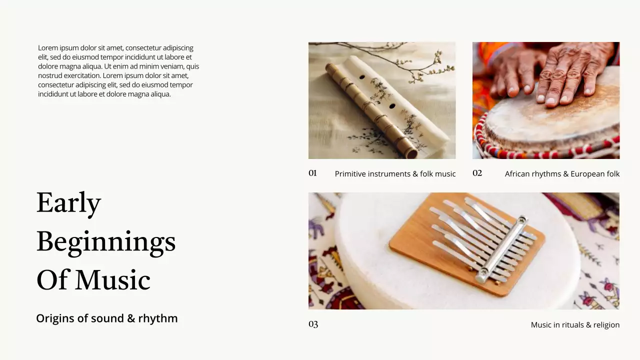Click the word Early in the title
pos(68,203)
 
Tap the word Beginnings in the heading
pos(106,242)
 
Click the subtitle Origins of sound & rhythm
pos(107,318)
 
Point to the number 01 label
pos(312,173)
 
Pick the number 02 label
pos(477,173)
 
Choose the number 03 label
pos(313,324)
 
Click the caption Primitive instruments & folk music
pos(395,173)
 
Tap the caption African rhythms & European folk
pos(562,173)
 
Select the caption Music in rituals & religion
pos(575,325)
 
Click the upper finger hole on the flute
pos(362,77)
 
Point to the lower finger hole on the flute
pos(392,106)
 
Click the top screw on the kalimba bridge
pos(522,219)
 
